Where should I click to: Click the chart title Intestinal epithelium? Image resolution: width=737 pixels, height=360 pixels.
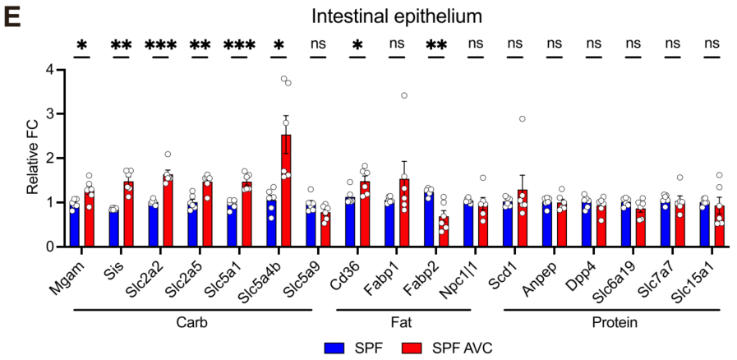coord(389,16)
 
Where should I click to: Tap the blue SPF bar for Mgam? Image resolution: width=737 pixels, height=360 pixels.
coord(75,226)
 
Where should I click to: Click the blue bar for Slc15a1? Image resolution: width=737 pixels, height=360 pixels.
coord(704,224)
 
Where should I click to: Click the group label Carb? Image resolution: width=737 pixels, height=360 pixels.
coord(192,321)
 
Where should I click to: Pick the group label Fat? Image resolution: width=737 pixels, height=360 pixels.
coord(403,321)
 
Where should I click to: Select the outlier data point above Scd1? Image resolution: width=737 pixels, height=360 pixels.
coord(523,119)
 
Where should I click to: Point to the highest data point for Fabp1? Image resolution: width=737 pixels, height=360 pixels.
coord(404,95)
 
